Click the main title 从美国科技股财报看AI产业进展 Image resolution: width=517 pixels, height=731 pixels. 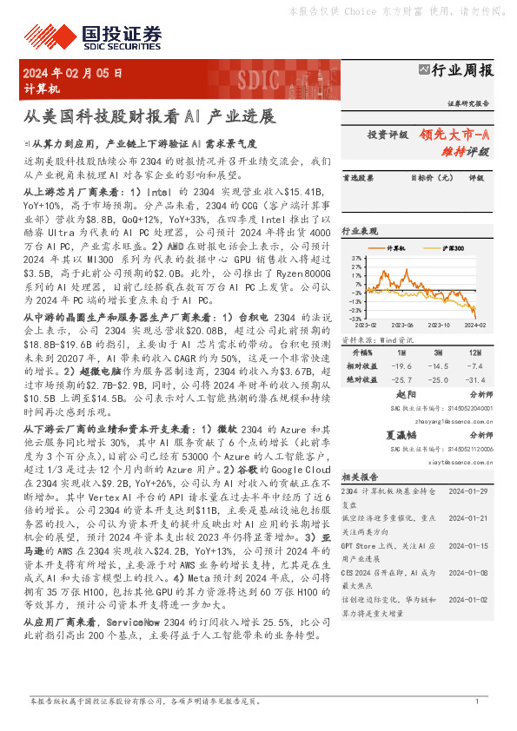[149, 115]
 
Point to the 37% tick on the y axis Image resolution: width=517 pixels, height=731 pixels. [357, 258]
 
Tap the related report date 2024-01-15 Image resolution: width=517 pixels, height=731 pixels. [470, 545]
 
